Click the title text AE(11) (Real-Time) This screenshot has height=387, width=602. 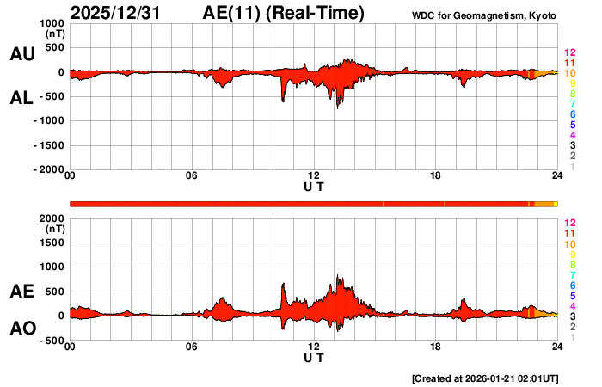(x=284, y=13)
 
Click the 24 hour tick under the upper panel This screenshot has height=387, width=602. (x=557, y=176)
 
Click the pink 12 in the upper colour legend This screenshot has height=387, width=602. (x=569, y=52)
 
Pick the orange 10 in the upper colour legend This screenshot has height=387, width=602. (x=569, y=73)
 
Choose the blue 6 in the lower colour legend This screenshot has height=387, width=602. (x=572, y=285)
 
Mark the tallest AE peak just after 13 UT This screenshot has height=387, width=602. (x=338, y=276)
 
